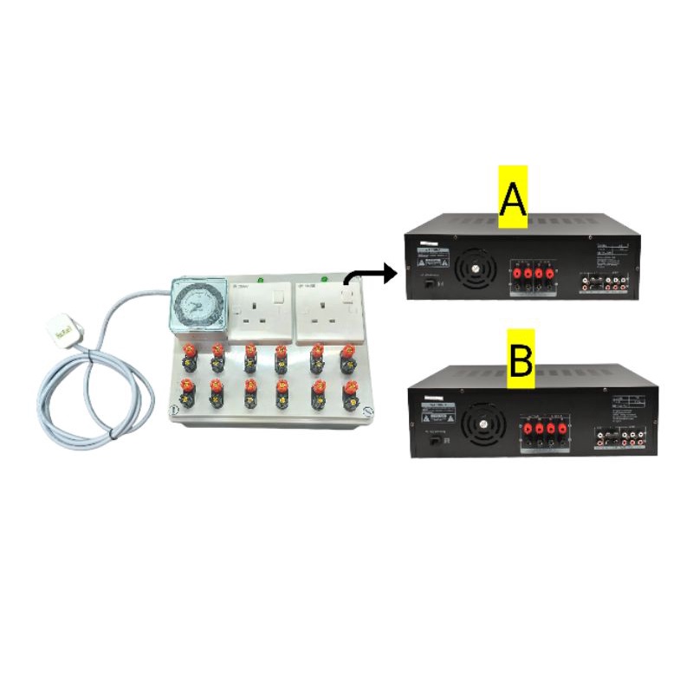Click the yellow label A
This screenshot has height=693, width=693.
coord(512,198)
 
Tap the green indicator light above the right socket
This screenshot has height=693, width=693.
coord(323,279)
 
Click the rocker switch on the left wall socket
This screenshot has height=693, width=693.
coord(277,299)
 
